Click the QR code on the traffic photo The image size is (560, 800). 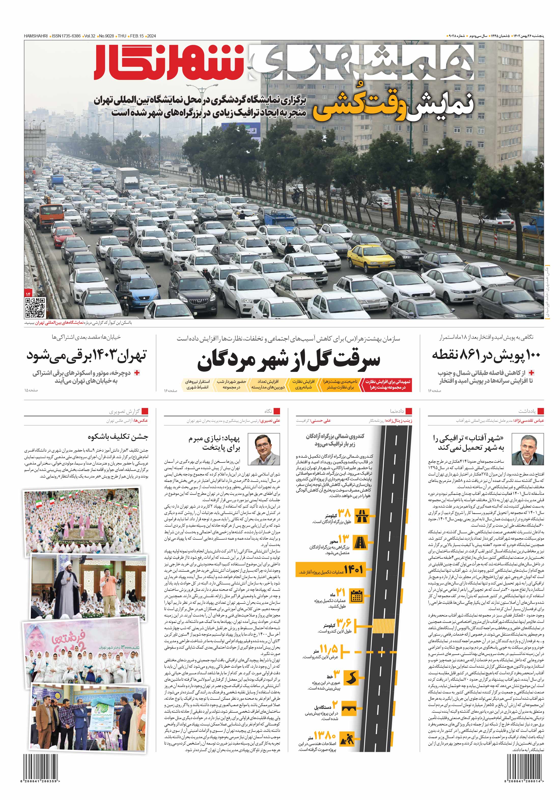pyautogui.click(x=35, y=307)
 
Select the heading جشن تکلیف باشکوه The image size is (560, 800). pyautogui.click(x=118, y=437)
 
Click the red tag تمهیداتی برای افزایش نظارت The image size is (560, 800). pyautogui.click(x=387, y=384)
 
